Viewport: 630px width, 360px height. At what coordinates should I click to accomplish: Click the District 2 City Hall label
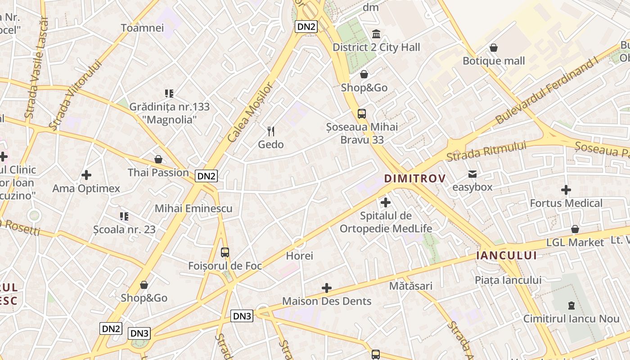click(x=376, y=47)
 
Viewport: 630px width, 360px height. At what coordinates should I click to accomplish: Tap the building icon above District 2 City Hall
click(x=376, y=34)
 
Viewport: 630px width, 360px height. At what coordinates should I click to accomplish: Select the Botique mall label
click(x=494, y=61)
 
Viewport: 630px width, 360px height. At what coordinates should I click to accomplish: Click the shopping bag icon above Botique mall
click(x=494, y=47)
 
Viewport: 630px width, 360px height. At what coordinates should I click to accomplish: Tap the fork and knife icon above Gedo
click(x=271, y=131)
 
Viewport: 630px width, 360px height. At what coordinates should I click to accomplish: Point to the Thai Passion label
click(x=158, y=172)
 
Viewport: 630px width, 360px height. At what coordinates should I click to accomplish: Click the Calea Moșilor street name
click(x=251, y=112)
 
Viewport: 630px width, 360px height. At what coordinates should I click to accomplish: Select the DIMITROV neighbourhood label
click(x=415, y=178)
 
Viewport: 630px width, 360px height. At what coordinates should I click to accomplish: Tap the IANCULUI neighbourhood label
click(x=507, y=256)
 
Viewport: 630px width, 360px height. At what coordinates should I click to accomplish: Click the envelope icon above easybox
click(x=472, y=174)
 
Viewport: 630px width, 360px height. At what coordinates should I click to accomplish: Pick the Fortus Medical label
click(x=566, y=203)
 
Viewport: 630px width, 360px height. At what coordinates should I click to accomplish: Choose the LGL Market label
click(x=575, y=243)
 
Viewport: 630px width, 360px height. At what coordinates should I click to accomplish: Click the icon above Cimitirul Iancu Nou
click(x=571, y=306)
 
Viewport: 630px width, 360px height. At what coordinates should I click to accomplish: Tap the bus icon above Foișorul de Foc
click(x=225, y=252)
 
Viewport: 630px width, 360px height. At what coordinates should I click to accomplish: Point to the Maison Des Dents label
click(x=327, y=301)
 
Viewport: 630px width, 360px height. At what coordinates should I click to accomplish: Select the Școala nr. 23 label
click(x=124, y=229)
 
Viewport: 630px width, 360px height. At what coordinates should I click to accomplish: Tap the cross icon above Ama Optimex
click(x=86, y=175)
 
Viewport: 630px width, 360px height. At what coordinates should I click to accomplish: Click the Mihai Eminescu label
click(x=193, y=208)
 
